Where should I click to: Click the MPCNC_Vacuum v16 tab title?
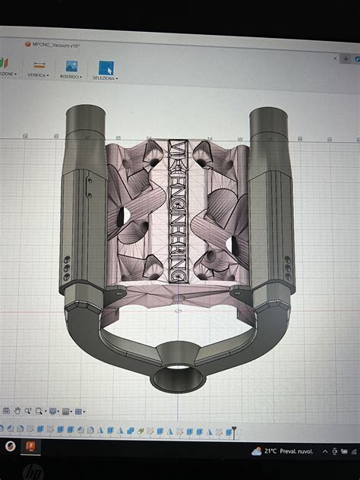coord(57,45)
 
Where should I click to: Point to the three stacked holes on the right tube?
coord(287,268)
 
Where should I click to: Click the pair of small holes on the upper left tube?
coord(90,188)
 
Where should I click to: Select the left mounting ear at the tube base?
coord(115,292)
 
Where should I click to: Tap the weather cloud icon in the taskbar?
coord(257,450)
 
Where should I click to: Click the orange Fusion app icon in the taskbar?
coord(32,447)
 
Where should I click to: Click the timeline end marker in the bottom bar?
coord(234,431)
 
